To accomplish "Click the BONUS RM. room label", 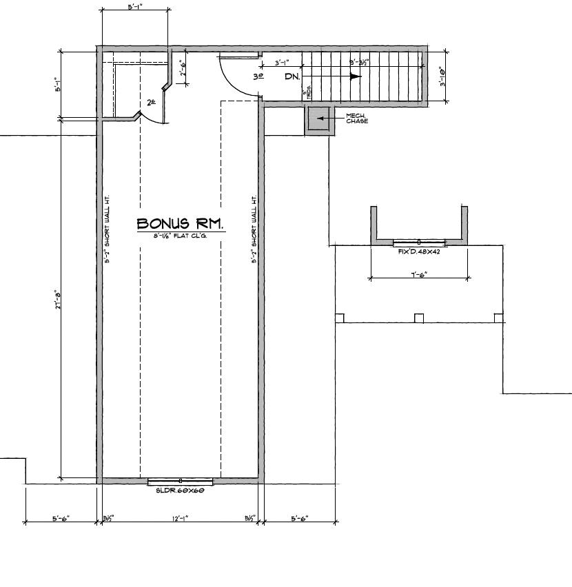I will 180,224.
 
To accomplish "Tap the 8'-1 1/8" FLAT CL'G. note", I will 181,236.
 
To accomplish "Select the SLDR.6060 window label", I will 181,491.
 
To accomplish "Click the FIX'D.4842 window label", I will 419,251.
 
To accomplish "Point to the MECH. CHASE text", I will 357,119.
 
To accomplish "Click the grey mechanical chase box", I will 319,119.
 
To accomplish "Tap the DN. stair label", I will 292,76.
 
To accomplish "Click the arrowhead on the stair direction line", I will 355,76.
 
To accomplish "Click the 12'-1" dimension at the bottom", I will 180,518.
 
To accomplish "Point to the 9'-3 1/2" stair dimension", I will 360,62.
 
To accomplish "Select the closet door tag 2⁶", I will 152,103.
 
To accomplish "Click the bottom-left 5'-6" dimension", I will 61,518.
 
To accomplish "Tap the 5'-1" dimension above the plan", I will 136,7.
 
